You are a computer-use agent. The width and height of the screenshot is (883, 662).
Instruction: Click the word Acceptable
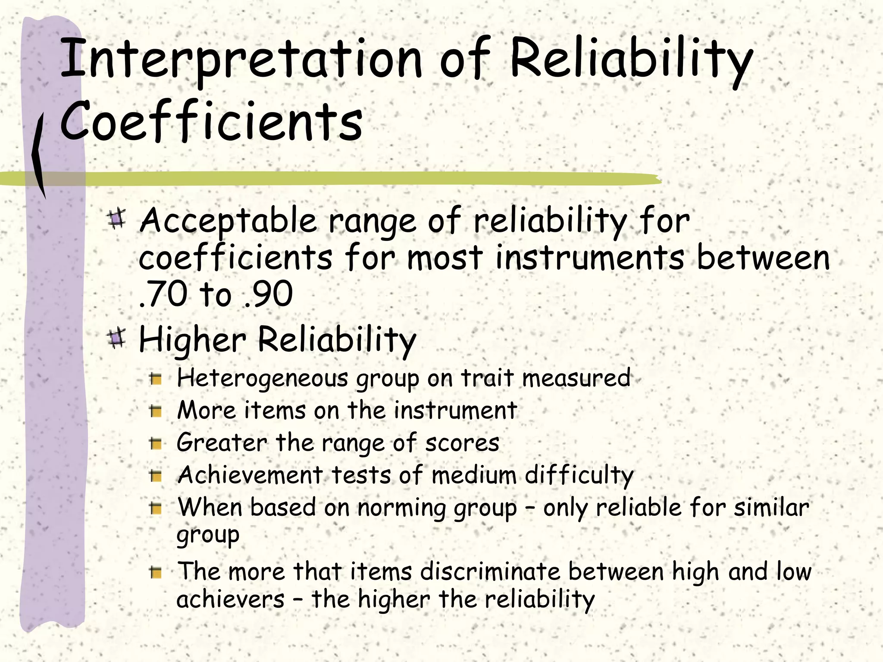click(x=229, y=221)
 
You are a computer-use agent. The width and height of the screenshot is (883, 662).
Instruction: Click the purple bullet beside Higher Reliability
click(x=116, y=339)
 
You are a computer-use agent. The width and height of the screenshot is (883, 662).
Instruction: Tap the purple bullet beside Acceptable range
click(x=116, y=219)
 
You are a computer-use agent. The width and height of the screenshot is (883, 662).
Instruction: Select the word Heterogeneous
click(x=262, y=378)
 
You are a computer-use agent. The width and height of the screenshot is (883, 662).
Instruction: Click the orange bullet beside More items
click(x=156, y=412)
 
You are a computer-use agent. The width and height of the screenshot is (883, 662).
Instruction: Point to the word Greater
click(x=222, y=443)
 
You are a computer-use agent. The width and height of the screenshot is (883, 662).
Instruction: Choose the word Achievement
click(x=250, y=475)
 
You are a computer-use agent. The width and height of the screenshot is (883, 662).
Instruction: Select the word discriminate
click(x=490, y=572)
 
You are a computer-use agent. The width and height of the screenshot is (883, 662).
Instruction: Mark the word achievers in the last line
click(x=230, y=600)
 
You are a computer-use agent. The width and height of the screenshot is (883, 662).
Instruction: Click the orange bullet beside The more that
click(x=156, y=573)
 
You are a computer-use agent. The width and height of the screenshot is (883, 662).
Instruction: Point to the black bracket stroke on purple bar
click(x=39, y=155)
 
